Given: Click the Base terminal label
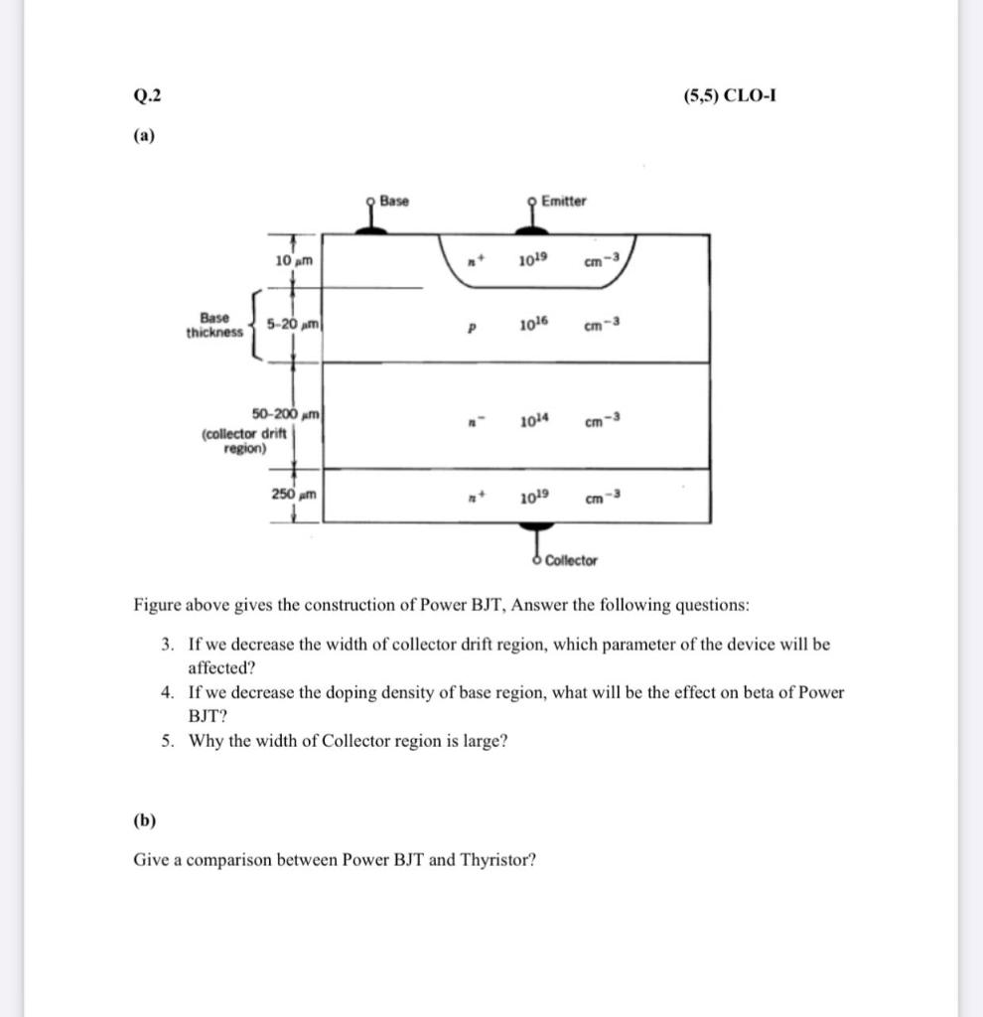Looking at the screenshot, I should [x=394, y=202].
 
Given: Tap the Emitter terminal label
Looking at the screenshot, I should [x=563, y=202].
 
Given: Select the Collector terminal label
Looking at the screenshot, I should [x=571, y=561].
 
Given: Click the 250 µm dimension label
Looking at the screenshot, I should [x=294, y=493].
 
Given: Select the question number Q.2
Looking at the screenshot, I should [x=145, y=96].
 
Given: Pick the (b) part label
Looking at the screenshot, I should [x=145, y=820].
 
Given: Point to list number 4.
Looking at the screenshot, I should [x=168, y=692].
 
